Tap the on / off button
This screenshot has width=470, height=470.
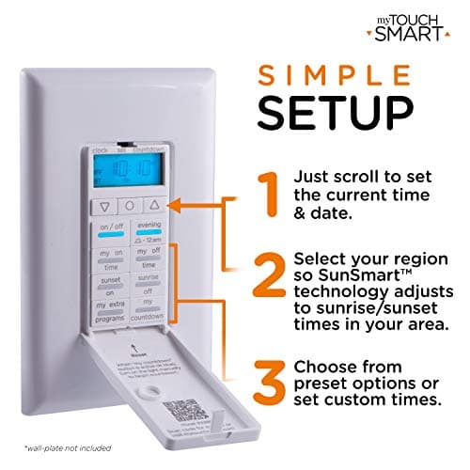pos(110,231)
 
